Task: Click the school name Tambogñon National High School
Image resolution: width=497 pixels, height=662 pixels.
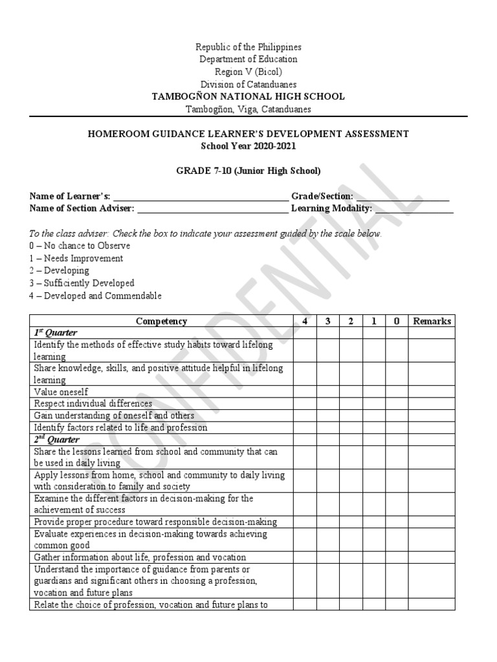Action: pyautogui.click(x=248, y=96)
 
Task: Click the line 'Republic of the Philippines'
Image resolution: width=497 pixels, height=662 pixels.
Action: pyautogui.click(x=248, y=47)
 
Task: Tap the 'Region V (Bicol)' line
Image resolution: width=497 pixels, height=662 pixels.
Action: pyautogui.click(x=248, y=72)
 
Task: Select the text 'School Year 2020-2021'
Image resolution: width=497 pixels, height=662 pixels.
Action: pyautogui.click(x=248, y=146)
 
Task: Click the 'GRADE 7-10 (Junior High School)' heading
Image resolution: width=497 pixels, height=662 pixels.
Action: pyautogui.click(x=248, y=171)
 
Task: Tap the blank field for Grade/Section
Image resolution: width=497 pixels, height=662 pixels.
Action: pyautogui.click(x=402, y=196)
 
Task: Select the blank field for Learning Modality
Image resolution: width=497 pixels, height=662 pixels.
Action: pyautogui.click(x=414, y=208)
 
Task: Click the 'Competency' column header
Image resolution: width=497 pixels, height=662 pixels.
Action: pyautogui.click(x=161, y=321)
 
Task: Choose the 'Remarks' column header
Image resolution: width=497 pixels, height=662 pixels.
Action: pyautogui.click(x=432, y=321)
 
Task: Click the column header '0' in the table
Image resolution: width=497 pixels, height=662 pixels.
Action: pyautogui.click(x=396, y=321)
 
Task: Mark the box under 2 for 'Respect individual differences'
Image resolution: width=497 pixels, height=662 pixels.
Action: pyautogui.click(x=350, y=403)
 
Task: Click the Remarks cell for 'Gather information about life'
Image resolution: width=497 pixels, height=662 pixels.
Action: pyautogui.click(x=432, y=557)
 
